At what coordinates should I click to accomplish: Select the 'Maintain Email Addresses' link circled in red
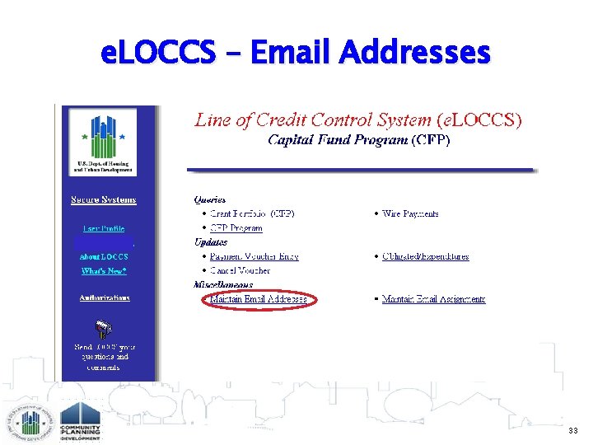[258, 299]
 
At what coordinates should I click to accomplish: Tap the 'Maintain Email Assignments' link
[433, 299]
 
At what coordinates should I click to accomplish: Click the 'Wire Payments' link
[410, 213]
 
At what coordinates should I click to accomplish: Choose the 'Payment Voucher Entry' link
[254, 256]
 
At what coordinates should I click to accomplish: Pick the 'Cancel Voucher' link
[240, 270]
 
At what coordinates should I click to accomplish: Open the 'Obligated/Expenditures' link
[425, 256]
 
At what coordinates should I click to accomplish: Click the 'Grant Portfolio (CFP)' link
[246, 213]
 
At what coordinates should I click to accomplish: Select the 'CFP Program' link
[236, 228]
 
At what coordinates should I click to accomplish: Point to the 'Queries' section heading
[209, 199]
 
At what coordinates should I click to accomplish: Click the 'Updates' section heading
[211, 242]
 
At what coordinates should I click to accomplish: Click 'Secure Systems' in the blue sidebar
[104, 199]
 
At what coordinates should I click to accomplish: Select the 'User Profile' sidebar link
[104, 228]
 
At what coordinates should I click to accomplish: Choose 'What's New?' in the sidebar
[104, 270]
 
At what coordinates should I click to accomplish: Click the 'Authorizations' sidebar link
[105, 297]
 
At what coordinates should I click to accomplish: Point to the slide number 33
[572, 430]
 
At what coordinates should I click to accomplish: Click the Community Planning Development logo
[80, 421]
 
